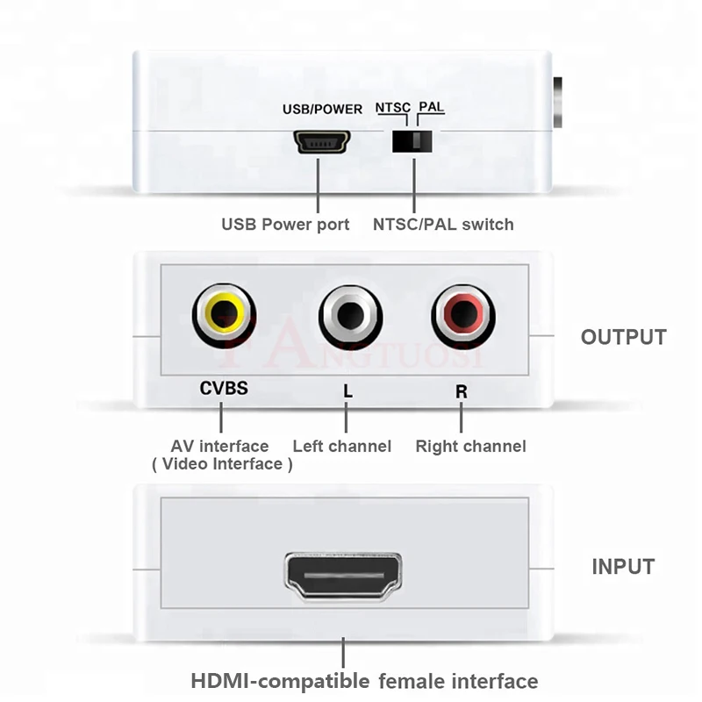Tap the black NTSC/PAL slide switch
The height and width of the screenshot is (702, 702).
413,141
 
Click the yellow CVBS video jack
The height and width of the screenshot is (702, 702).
224,313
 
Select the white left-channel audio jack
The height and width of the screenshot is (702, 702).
350,313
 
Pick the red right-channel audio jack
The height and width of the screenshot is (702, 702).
462,313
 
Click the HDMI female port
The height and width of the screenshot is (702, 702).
343,576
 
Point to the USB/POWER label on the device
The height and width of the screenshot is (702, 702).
322,110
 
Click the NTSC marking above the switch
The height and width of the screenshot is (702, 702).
392,108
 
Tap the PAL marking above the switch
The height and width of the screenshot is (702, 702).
431,107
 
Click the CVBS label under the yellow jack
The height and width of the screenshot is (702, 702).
224,387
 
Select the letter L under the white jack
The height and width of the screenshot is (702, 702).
348,391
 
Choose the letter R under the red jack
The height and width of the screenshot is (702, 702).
462,391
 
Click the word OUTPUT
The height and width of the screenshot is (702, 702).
623,337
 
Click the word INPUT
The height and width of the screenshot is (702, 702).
623,567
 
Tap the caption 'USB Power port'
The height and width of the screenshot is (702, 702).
285,225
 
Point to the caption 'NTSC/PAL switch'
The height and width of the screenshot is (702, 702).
443,225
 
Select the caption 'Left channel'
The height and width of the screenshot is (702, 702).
341,447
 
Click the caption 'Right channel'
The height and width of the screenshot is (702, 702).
470,447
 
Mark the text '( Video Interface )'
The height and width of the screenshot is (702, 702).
222,464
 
